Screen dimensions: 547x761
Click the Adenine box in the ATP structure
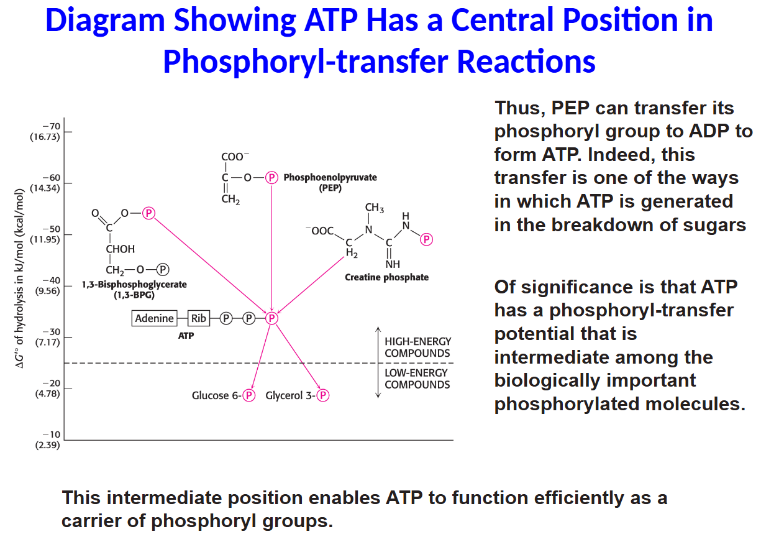[x=155, y=318]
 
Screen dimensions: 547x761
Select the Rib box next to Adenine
[x=198, y=318]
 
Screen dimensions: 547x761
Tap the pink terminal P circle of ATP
[x=271, y=318]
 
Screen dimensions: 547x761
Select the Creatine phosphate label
[x=386, y=277]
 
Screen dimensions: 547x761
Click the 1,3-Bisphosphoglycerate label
[x=134, y=285]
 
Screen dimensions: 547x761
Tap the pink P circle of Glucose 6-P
[x=248, y=395]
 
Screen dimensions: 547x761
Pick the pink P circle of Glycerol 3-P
[x=323, y=395]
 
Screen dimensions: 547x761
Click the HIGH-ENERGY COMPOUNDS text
[x=417, y=347]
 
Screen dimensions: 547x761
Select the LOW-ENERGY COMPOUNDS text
[x=417, y=379]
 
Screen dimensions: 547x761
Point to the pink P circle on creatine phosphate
[x=426, y=239]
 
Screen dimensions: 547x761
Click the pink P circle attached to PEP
[x=271, y=178]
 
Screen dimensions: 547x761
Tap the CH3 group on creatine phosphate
[x=374, y=208]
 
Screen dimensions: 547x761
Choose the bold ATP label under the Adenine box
[x=186, y=336]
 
